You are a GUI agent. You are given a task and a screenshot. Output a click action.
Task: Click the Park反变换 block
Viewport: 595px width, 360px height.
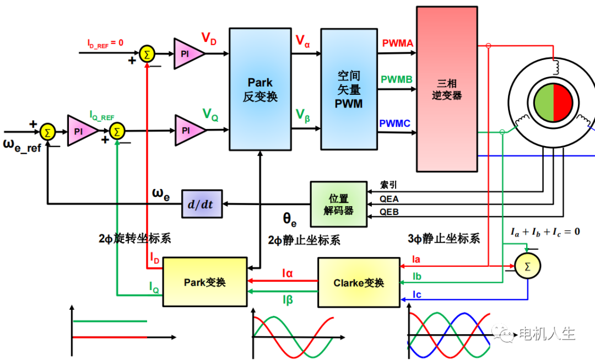tap(260, 89)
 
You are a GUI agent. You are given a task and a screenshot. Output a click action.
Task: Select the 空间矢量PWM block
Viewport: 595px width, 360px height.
tap(349, 89)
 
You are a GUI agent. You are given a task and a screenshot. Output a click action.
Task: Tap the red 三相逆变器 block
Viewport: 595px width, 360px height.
tap(447, 89)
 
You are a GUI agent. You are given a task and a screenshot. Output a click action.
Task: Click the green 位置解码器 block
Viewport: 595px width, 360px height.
tap(339, 204)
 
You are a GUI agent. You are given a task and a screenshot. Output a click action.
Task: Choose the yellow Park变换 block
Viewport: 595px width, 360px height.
tap(205, 282)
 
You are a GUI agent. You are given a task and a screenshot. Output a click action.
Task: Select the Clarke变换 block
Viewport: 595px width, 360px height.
tap(359, 283)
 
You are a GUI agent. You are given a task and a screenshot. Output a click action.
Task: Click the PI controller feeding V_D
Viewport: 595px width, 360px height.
tap(188, 53)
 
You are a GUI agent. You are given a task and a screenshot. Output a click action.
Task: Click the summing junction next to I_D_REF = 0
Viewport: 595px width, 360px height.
tap(147, 53)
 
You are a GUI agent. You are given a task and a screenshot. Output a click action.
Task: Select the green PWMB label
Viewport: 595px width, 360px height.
tap(397, 80)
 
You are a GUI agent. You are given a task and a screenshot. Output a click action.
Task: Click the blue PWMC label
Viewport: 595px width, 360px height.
tap(396, 123)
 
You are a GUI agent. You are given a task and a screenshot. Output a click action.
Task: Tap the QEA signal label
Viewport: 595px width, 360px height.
tap(390, 199)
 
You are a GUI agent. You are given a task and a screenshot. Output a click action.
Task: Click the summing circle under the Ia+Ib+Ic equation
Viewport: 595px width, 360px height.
tap(528, 267)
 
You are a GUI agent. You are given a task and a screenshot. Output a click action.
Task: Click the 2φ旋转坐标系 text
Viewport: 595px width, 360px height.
tap(135, 238)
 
